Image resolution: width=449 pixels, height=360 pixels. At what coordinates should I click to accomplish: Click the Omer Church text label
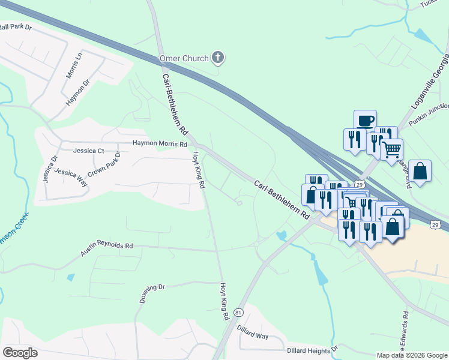tap(184, 58)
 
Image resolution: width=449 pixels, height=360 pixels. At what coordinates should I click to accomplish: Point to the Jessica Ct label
tap(88, 151)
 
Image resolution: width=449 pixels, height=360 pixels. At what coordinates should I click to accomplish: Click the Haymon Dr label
tap(78, 92)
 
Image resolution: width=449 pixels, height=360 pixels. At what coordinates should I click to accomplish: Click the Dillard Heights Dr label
tap(312, 349)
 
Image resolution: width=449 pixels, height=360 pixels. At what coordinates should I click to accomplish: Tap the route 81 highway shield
tap(239, 313)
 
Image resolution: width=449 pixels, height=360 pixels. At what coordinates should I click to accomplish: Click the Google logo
tap(20, 353)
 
